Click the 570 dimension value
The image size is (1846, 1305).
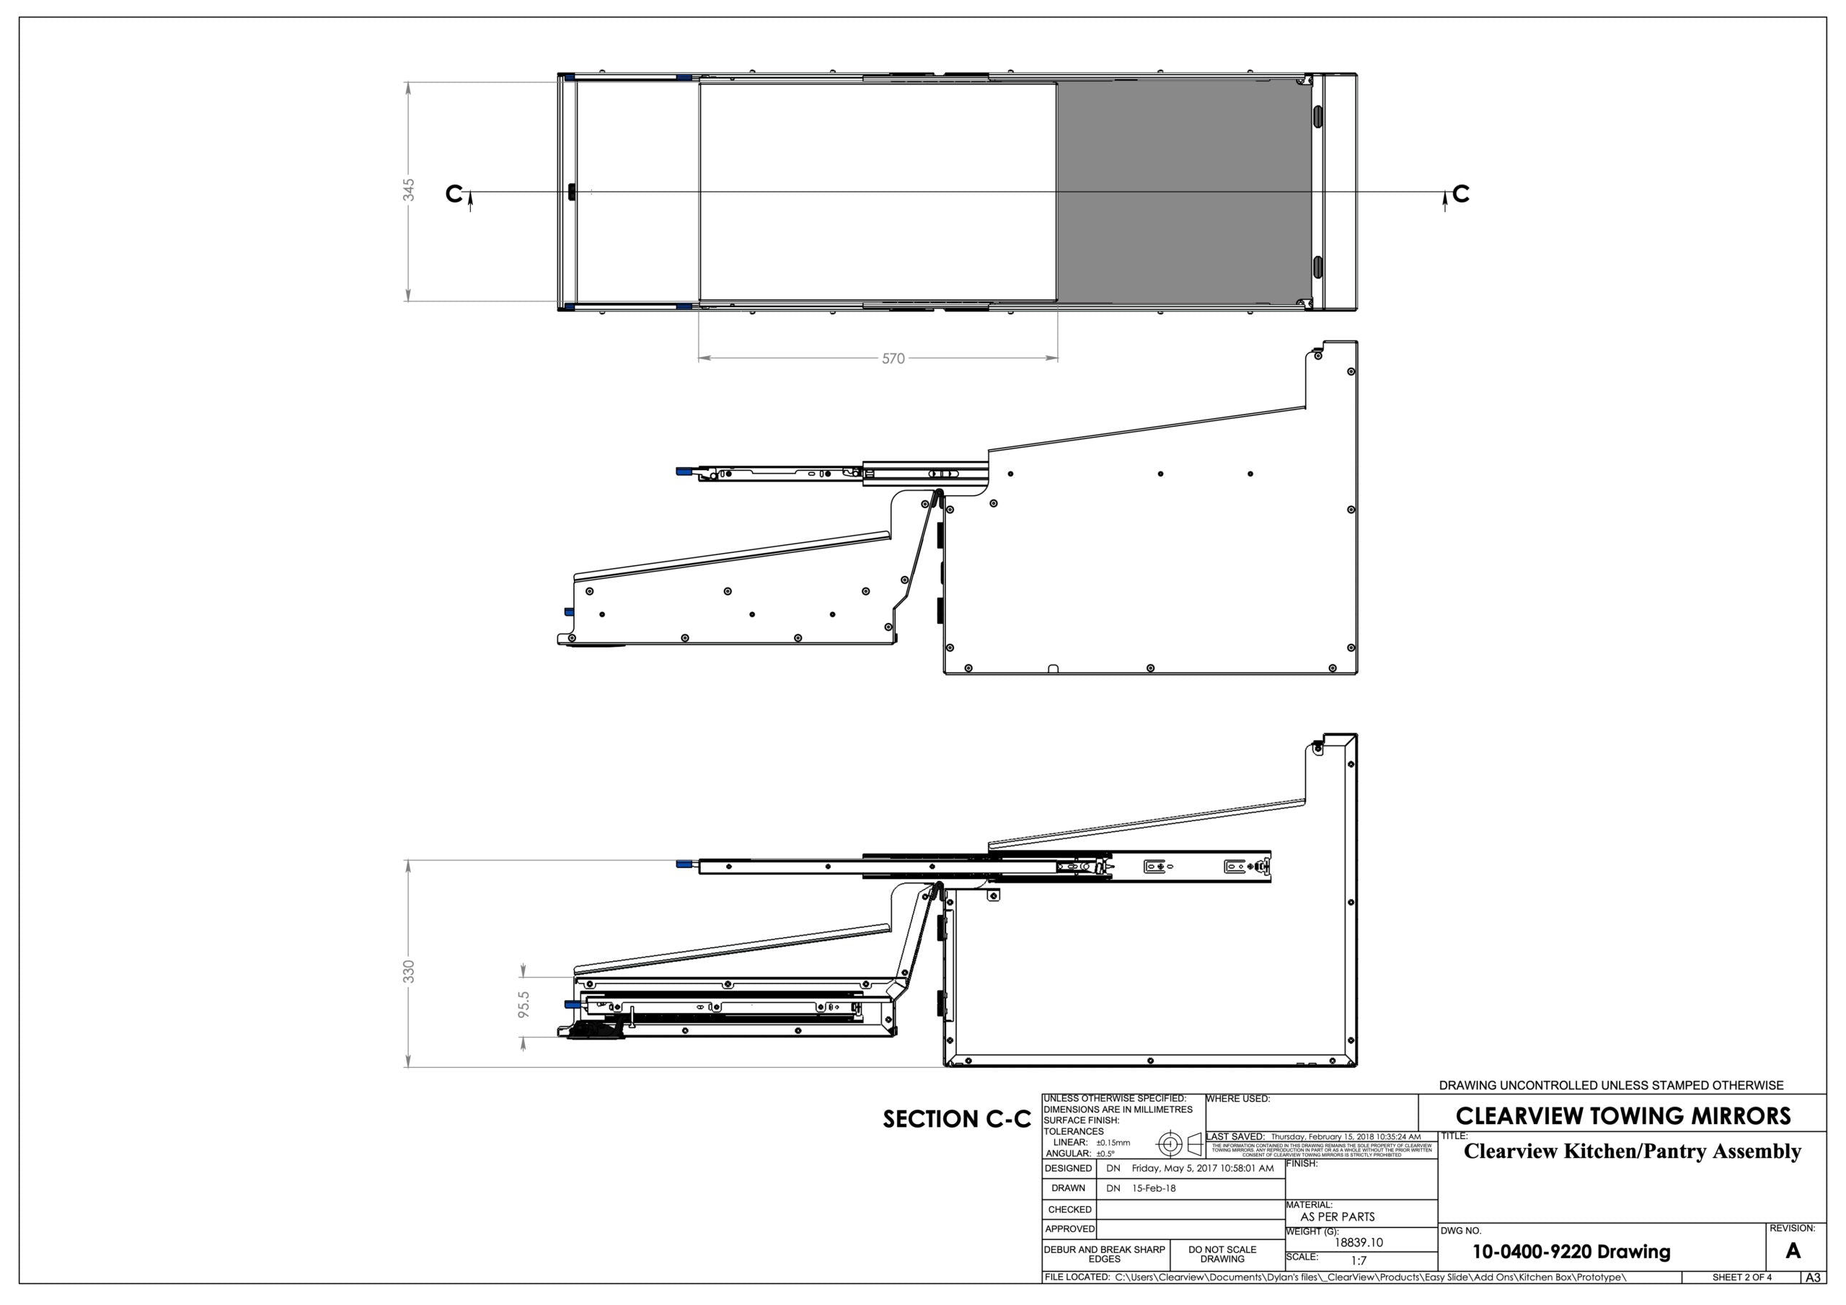click(893, 358)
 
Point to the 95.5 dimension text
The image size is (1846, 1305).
click(524, 1005)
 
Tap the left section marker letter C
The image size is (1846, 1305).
click(454, 194)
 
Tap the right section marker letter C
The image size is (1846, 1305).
click(1461, 194)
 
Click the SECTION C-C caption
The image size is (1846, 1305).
click(956, 1119)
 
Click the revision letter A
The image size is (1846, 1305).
click(1792, 1251)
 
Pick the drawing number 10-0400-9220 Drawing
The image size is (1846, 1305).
click(1571, 1252)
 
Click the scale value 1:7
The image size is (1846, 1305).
click(1358, 1261)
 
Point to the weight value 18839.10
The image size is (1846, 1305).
click(1359, 1242)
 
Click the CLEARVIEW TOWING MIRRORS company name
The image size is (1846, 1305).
click(1622, 1116)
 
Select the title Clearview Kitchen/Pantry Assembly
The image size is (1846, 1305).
click(1632, 1151)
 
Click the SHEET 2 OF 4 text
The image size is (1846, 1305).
click(1741, 1277)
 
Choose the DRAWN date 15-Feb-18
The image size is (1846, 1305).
click(1154, 1188)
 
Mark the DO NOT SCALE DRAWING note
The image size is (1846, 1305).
click(1222, 1255)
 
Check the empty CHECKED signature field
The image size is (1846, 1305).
click(1190, 1209)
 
